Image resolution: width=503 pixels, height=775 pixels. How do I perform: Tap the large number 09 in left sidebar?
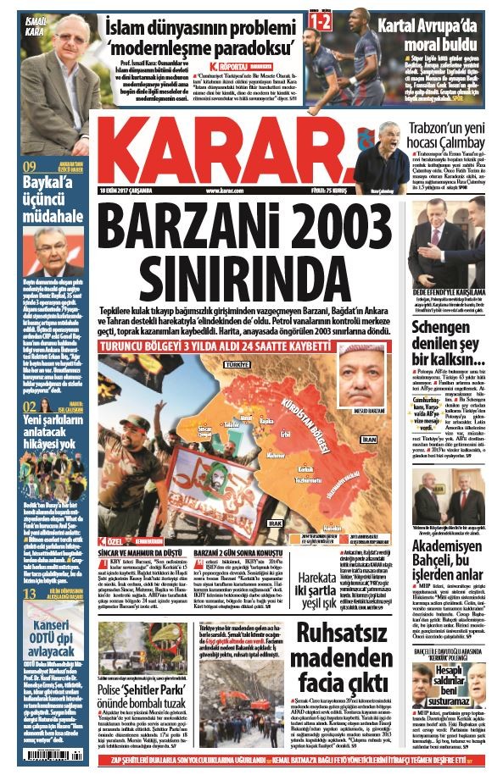pos(29,167)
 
